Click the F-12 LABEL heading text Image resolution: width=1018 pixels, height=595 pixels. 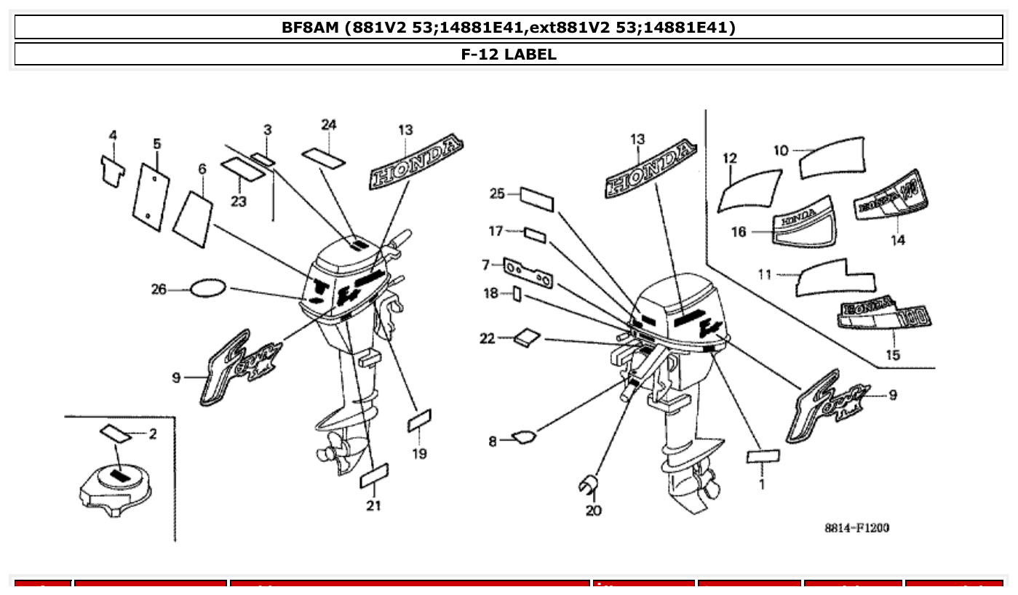click(x=509, y=54)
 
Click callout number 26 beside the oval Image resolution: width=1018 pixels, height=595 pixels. click(x=159, y=289)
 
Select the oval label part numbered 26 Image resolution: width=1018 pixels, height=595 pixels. click(x=207, y=289)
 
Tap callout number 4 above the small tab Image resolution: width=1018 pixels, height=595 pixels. click(x=113, y=136)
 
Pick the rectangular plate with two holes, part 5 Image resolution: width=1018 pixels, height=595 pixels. click(x=151, y=196)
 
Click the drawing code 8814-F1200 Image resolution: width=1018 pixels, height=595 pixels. click(x=856, y=527)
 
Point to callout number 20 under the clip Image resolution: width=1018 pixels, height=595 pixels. click(x=594, y=511)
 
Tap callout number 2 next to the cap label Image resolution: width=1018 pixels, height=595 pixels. click(x=152, y=434)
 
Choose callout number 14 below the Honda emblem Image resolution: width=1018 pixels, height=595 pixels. click(x=897, y=240)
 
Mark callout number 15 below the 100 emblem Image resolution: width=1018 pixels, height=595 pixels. click(x=893, y=355)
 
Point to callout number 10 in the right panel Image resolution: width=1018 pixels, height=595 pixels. click(x=781, y=151)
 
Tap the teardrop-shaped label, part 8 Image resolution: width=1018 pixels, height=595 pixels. click(x=524, y=436)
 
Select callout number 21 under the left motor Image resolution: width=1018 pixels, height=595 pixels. click(x=373, y=506)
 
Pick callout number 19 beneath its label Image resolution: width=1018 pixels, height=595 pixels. click(x=419, y=454)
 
